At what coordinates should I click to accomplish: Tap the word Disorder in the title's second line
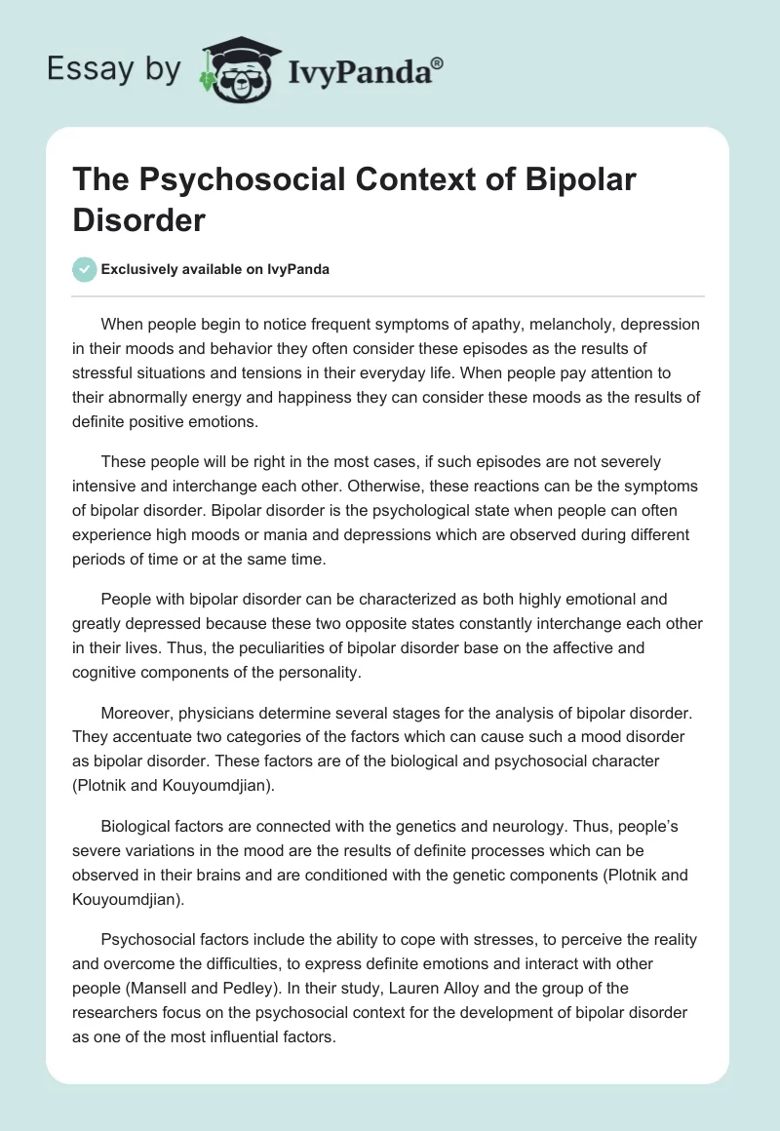(138, 219)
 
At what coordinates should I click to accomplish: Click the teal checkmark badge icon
(85, 269)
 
